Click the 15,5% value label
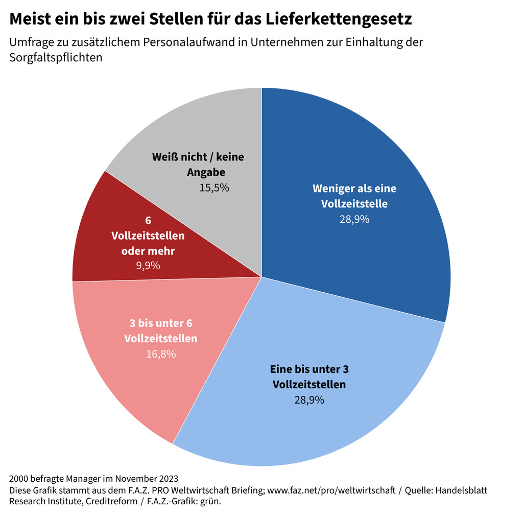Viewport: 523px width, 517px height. point(214,187)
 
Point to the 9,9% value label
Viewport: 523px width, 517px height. point(148,266)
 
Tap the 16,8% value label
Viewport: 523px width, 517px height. point(161,354)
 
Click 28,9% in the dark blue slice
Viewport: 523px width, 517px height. point(354,220)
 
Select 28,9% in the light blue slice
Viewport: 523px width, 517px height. point(309,400)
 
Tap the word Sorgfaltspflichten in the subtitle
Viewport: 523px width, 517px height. point(56,57)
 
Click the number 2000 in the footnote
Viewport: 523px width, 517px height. point(18,479)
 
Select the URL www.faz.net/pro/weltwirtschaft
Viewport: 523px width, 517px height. point(331,490)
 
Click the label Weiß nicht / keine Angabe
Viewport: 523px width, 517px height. point(199,164)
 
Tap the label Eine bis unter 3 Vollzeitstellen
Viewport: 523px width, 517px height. point(309,377)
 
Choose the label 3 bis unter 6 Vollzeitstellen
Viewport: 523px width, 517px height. point(161,331)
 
